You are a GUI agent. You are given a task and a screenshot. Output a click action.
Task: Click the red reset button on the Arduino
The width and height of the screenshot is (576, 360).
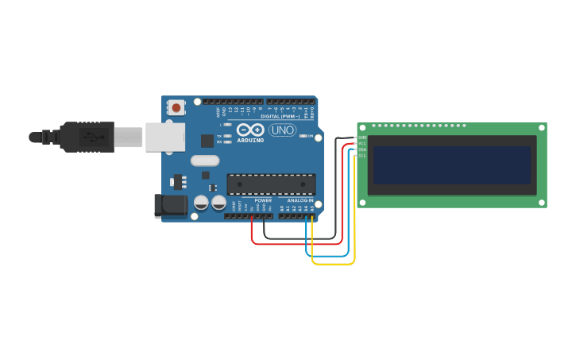pos(176,106)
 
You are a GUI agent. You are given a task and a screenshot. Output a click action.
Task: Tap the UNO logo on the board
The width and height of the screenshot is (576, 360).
pos(282,130)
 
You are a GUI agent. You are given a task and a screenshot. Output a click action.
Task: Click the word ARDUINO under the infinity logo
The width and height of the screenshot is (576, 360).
pos(250,141)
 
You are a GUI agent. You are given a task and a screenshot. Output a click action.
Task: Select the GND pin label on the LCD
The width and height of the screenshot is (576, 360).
pos(362,137)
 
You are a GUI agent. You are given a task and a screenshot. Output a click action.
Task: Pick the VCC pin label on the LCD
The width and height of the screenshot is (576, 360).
pos(362,144)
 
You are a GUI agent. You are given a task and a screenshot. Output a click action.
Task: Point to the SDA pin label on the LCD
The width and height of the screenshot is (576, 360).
pos(362,149)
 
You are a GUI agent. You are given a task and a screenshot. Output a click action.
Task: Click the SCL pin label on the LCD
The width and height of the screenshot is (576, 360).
pos(362,156)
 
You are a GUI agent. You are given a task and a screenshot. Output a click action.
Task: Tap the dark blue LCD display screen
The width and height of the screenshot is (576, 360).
pos(452,165)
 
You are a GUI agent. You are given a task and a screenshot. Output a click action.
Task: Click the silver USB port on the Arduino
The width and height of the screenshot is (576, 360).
pos(164,137)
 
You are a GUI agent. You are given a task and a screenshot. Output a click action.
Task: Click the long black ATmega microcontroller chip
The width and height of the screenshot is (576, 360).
pos(271,184)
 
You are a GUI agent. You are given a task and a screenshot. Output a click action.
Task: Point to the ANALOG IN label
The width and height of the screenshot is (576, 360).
pos(300,200)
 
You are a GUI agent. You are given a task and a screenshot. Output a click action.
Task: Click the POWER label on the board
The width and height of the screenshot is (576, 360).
pos(263,200)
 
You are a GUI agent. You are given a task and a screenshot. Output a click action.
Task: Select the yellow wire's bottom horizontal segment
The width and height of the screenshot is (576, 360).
pos(333,263)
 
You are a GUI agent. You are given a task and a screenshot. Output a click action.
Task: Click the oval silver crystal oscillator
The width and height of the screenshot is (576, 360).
pos(204,161)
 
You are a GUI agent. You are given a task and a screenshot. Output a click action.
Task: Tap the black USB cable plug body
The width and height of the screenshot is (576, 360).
pos(87,137)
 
